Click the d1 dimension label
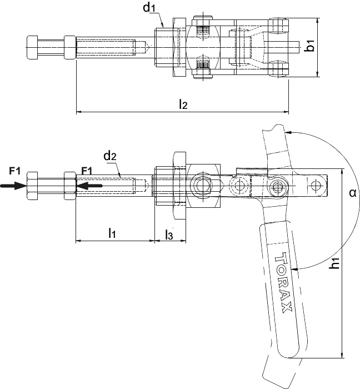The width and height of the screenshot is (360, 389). tap(149, 8)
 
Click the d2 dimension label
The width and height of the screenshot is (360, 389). tap(110, 156)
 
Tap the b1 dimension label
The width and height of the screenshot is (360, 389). tap(309, 46)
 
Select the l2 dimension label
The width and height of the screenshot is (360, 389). tap(183, 104)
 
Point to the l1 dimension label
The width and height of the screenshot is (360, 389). tap(112, 233)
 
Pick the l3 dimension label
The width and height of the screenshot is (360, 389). tap(169, 235)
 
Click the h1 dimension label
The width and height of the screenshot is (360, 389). tap(334, 263)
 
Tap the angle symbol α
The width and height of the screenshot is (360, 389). tap(352, 192)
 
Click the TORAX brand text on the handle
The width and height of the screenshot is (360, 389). tap(283, 282)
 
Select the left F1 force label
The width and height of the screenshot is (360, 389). tap(14, 171)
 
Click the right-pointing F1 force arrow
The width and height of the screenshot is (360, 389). tap(13, 185)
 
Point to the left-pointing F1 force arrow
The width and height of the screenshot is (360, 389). tap(89, 185)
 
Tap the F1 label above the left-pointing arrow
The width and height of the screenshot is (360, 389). tap(87, 171)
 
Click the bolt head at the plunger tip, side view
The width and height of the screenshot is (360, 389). tap(32, 186)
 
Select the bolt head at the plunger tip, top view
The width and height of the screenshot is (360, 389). tap(32, 47)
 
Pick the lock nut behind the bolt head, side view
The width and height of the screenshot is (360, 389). tap(70, 186)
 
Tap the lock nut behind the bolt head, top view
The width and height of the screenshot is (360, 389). tap(70, 47)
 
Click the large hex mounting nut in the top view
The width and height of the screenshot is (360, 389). tap(179, 47)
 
